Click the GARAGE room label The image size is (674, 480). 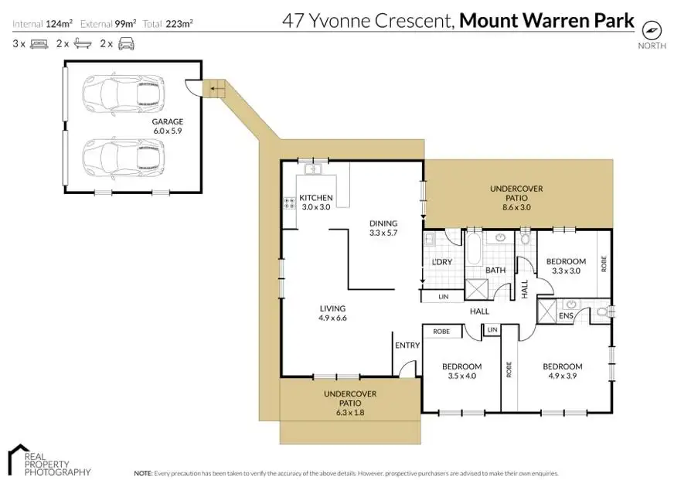point(168,121)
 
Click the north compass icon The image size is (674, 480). point(652,29)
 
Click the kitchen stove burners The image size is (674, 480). point(289,203)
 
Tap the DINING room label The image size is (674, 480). point(383,223)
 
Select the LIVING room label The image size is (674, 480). point(332,308)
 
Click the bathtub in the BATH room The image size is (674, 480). point(474,249)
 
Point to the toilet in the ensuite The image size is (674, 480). point(603,312)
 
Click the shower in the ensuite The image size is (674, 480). point(546,311)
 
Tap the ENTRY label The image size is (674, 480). point(407,345)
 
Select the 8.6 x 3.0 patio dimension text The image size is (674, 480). point(516,207)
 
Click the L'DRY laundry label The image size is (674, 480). point(442,262)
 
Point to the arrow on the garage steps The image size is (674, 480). point(217,90)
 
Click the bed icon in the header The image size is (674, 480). point(39,44)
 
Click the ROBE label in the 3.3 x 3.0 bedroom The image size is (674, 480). point(604,264)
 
